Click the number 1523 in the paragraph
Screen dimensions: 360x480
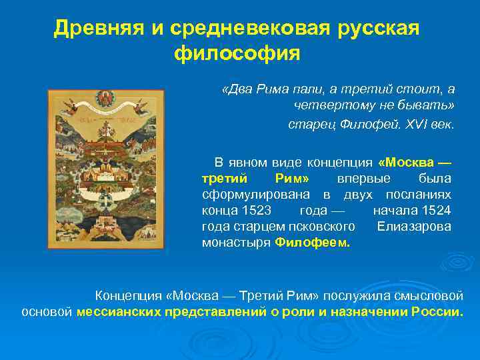pos(256,210)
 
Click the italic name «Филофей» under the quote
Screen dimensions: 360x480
pos(355,125)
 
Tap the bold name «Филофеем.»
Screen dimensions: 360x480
pos(312,242)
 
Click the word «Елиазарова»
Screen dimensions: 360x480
pos(414,226)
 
